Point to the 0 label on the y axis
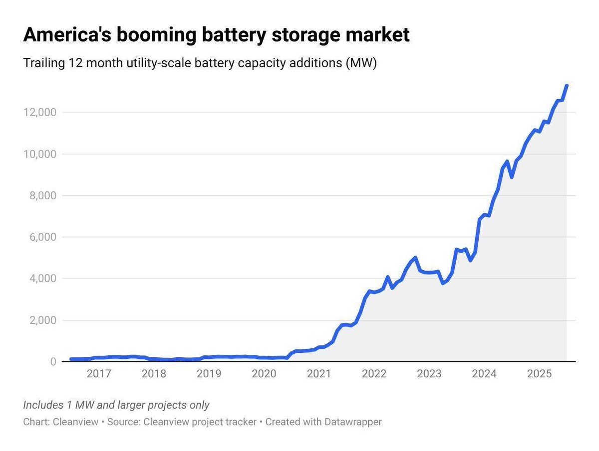(x=52, y=362)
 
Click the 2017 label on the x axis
(x=98, y=374)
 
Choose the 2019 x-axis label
(x=208, y=374)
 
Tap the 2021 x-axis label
(x=318, y=374)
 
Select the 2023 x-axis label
(x=429, y=374)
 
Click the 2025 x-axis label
(x=539, y=374)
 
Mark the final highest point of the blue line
(x=567, y=86)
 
